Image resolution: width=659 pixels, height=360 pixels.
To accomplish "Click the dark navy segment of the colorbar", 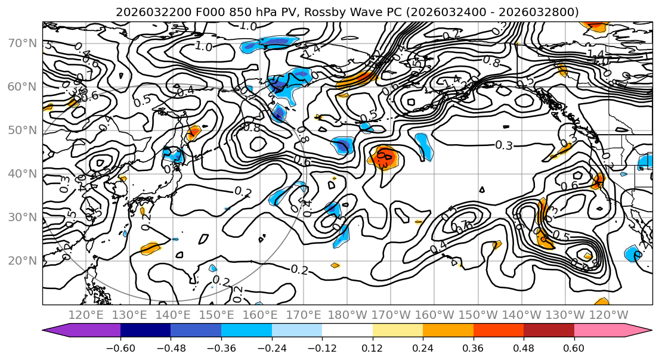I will (146, 331).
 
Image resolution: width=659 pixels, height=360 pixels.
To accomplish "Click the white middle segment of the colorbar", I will (347, 331).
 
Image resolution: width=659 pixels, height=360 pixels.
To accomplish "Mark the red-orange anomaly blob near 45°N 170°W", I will (383, 156).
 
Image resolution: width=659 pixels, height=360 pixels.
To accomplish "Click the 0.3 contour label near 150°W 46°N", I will (505, 145).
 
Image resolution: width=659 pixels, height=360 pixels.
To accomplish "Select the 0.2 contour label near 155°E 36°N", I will (242, 191).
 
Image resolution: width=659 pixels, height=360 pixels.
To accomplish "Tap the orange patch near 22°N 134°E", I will (151, 248).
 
